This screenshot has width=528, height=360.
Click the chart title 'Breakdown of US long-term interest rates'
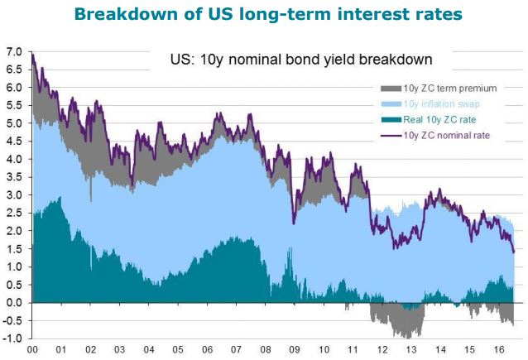point(268,14)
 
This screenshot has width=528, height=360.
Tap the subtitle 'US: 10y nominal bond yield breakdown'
point(301,60)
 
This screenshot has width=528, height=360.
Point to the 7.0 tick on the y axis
point(14,52)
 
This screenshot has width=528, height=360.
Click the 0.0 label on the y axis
point(14,303)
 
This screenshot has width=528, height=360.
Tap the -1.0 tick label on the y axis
point(12,338)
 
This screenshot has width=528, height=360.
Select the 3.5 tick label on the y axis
point(14,177)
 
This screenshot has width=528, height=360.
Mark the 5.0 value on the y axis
point(14,123)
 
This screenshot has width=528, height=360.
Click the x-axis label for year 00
point(32,350)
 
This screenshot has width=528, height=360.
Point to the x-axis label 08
point(266,350)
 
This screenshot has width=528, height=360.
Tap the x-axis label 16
point(499,350)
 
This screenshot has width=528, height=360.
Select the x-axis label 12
point(382,350)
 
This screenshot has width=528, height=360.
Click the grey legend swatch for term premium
point(391,89)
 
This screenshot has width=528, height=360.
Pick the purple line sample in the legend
point(391,136)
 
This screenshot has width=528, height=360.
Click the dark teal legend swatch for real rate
point(391,119)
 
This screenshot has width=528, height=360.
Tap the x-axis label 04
point(149,350)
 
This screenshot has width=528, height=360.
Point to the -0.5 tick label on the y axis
point(12,320)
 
